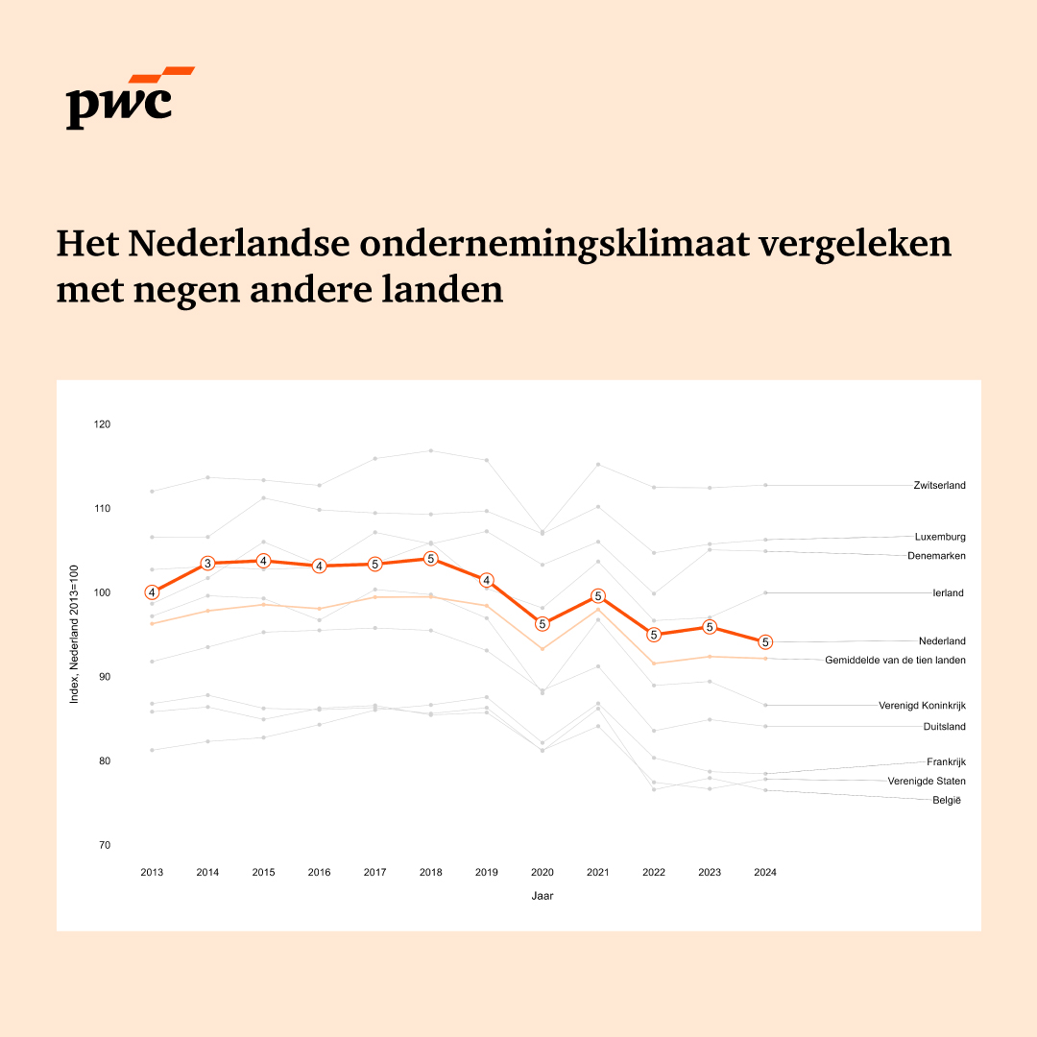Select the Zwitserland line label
[x=939, y=486]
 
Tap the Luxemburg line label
[x=940, y=537]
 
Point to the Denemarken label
[x=936, y=556]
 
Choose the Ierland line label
[x=948, y=593]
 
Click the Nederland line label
[x=941, y=641]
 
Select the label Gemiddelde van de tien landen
[x=895, y=661]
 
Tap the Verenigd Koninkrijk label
[x=922, y=706]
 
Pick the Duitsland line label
[x=944, y=727]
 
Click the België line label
[x=948, y=801]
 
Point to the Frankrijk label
[x=946, y=762]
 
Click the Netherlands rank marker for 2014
[x=207, y=564]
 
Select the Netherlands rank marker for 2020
[x=543, y=624]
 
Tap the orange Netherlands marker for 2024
[x=765, y=642]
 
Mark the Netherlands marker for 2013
[x=152, y=592]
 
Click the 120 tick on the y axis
[x=103, y=424]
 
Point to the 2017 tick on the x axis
[x=374, y=873]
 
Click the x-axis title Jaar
[x=543, y=896]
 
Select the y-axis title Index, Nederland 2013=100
[x=75, y=634]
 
